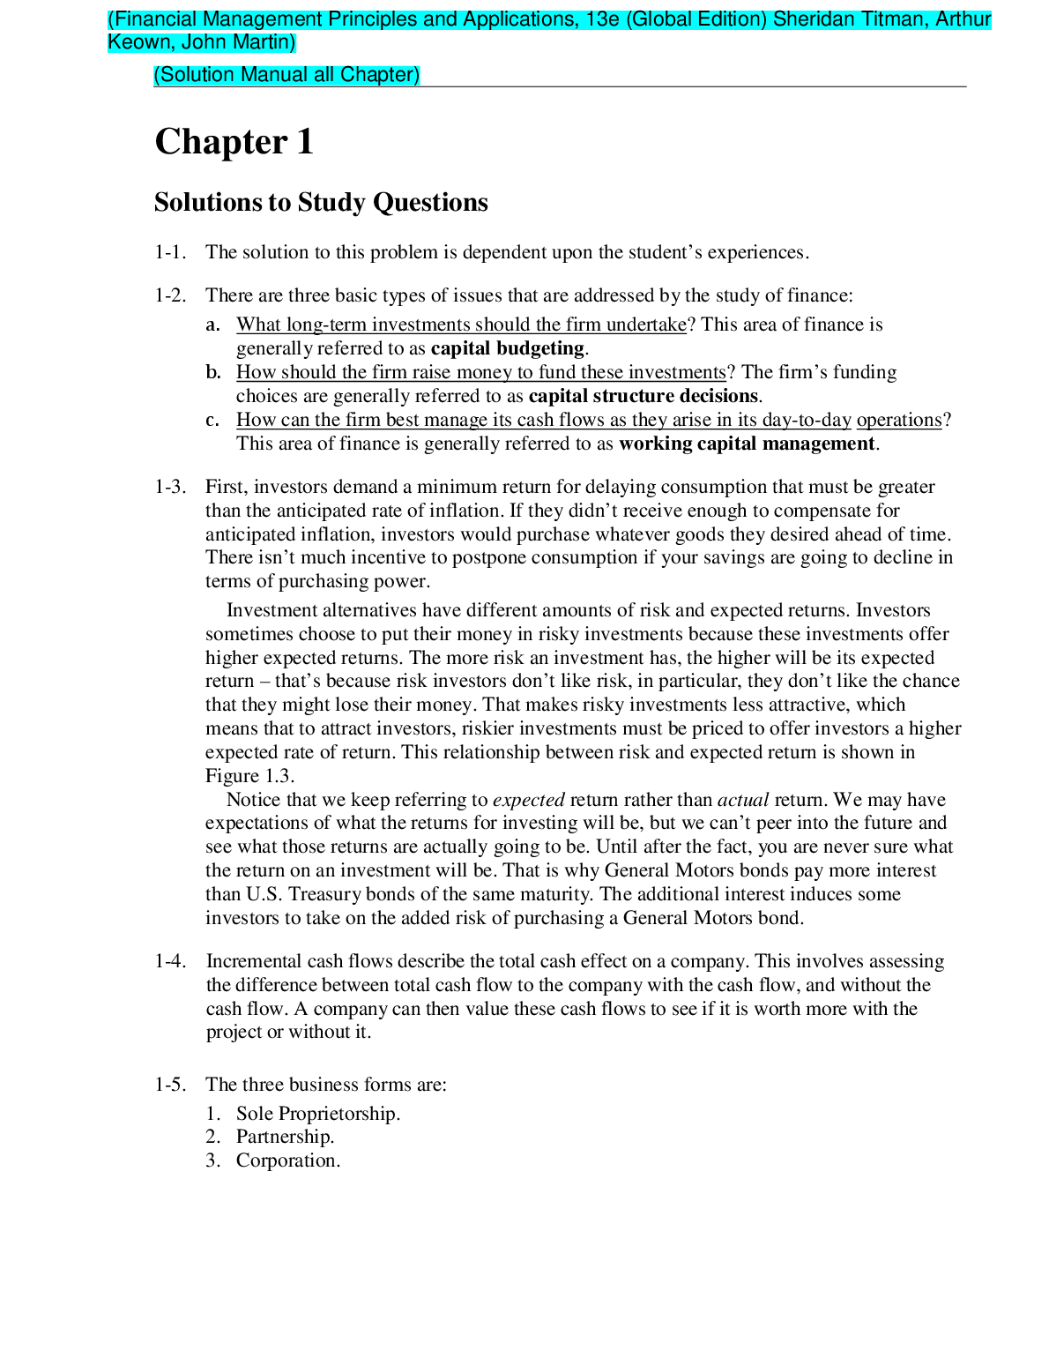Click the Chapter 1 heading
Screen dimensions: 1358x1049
tap(234, 142)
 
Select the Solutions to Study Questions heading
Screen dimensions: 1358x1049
tap(321, 202)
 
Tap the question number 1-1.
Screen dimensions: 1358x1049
tap(170, 252)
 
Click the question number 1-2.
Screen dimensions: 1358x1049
tap(170, 295)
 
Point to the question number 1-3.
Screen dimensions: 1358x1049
tap(170, 487)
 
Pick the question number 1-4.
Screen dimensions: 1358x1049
tap(170, 961)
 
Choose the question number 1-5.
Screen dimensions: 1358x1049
tap(170, 1085)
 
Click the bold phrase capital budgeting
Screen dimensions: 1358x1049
tap(507, 348)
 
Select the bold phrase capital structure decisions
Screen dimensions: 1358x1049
tap(643, 396)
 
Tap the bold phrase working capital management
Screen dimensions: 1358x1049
tap(747, 444)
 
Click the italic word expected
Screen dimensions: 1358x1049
tap(528, 800)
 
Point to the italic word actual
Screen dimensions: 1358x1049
tap(742, 800)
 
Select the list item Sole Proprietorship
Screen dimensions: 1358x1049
tap(317, 1114)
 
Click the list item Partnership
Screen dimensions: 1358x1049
tap(285, 1137)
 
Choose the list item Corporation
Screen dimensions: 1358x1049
tap(287, 1160)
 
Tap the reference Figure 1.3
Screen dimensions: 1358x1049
tap(249, 776)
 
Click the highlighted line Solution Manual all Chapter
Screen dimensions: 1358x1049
tap(286, 75)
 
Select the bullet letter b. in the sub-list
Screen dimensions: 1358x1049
tap(213, 372)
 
